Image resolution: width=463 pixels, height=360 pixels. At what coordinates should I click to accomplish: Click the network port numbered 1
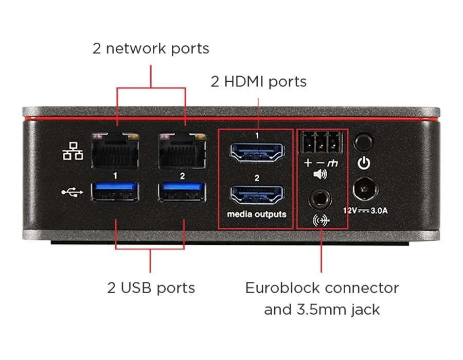[x=116, y=149]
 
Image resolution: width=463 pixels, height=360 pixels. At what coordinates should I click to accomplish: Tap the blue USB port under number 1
[x=116, y=192]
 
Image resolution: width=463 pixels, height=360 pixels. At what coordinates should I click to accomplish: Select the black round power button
[x=364, y=141]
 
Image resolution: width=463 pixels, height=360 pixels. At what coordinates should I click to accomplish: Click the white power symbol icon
[x=364, y=164]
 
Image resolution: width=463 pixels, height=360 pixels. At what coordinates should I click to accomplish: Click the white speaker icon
[x=320, y=174]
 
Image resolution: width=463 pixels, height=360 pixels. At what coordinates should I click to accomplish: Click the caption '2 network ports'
[x=151, y=49]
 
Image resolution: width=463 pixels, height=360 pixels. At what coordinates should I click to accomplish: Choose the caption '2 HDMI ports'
[x=258, y=81]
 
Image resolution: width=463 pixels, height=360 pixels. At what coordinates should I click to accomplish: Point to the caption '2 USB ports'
[x=151, y=287]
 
